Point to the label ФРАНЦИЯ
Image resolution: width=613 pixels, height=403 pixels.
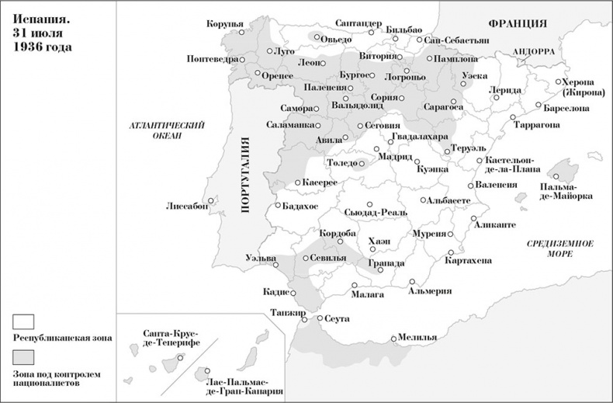514,23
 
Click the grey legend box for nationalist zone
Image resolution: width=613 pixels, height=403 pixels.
24,356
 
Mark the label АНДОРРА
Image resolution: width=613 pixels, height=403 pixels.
532,51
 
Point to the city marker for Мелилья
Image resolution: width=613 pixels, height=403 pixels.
394,338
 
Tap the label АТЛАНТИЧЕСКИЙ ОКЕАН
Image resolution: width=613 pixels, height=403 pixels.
166,130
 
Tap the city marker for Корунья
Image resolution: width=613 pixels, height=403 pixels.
241,33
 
